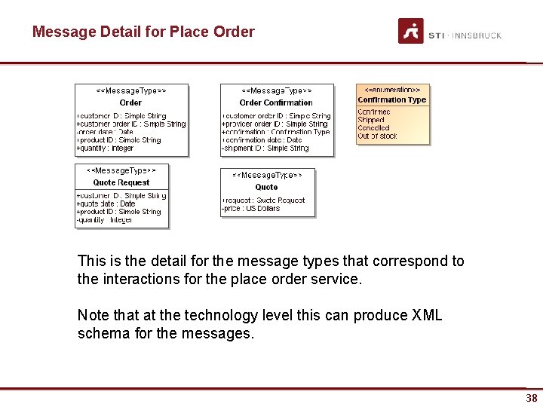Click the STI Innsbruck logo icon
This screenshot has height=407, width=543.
411,31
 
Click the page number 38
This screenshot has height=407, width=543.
532,398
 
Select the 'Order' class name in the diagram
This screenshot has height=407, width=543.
130,103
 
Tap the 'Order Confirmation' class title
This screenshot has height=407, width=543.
276,103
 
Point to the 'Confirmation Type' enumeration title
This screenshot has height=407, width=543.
392,99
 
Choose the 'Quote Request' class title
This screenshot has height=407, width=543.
121,182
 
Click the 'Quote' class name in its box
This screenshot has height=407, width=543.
266,187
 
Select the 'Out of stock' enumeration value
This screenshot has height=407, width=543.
377,136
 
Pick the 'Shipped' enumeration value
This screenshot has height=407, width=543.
371,120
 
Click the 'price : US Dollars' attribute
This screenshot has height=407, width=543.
252,209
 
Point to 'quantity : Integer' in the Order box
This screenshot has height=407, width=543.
106,148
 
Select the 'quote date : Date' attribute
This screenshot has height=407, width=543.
106,203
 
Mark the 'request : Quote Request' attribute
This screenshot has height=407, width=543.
264,200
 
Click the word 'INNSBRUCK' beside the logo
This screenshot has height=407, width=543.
477,35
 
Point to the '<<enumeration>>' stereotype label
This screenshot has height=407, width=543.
392,90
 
